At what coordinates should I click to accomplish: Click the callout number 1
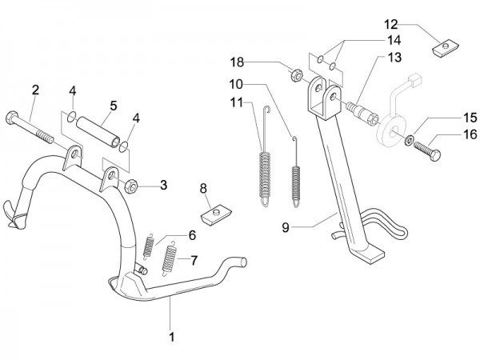(x=171, y=337)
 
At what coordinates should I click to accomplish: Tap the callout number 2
(x=34, y=89)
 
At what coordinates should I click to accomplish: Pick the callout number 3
(x=163, y=186)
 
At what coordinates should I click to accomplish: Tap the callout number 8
(x=204, y=189)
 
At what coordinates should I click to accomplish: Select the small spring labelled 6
(x=149, y=244)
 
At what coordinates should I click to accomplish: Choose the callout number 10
(x=238, y=84)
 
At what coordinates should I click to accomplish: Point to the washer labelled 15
(x=410, y=142)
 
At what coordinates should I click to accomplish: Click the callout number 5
(x=114, y=105)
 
